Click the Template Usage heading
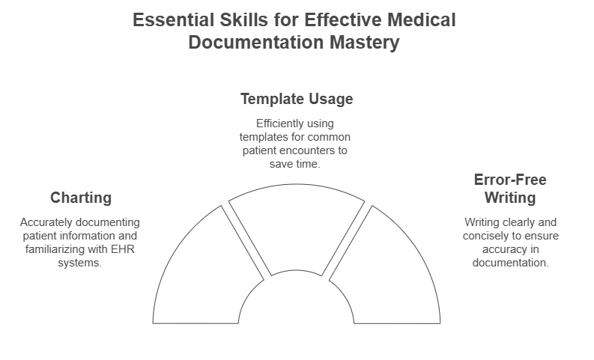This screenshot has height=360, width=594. (296, 99)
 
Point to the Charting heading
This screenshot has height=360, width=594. (81, 198)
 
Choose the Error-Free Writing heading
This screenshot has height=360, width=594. (510, 189)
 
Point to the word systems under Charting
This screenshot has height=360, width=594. (81, 263)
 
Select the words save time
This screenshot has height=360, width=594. (296, 164)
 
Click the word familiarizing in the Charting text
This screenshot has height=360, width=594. (53, 249)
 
